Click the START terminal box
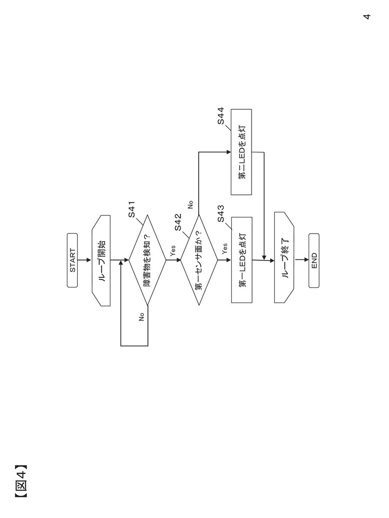tap(72, 260)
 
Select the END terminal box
tap(314, 260)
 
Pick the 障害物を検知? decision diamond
tap(147, 260)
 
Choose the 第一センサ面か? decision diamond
tap(199, 260)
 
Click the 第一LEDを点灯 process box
tap(242, 260)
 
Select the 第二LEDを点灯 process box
tap(242, 152)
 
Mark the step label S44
tap(220, 116)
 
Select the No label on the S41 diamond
tap(141, 318)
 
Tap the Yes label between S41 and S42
tap(173, 251)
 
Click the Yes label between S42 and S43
tap(224, 249)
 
